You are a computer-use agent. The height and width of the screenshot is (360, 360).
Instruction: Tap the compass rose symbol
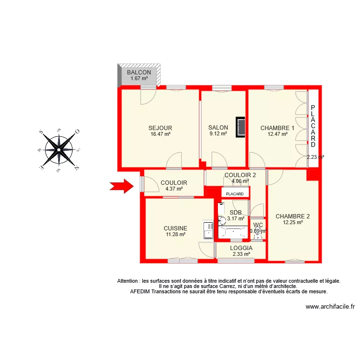59,150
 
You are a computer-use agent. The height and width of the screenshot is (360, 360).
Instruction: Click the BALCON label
139,72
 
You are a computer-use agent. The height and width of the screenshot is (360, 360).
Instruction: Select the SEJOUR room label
160,128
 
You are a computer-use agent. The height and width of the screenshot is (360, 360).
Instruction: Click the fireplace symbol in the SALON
241,128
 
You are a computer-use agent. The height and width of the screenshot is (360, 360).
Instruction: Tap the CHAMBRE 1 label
277,128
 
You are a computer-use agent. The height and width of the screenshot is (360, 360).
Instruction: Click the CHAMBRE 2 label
293,216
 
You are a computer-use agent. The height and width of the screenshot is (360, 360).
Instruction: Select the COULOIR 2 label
240,175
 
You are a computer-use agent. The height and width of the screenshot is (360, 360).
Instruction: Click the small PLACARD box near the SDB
235,193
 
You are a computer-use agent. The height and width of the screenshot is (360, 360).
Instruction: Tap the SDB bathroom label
236,212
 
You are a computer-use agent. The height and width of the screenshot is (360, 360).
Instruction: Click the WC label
258,225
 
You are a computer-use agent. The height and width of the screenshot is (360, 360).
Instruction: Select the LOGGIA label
241,248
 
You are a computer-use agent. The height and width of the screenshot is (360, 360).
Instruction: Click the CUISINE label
175,228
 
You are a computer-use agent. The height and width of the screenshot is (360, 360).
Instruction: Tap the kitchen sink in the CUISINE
208,229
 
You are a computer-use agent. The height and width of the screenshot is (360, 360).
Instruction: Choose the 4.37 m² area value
174,189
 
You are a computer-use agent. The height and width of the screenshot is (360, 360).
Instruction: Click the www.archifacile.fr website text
330,307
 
